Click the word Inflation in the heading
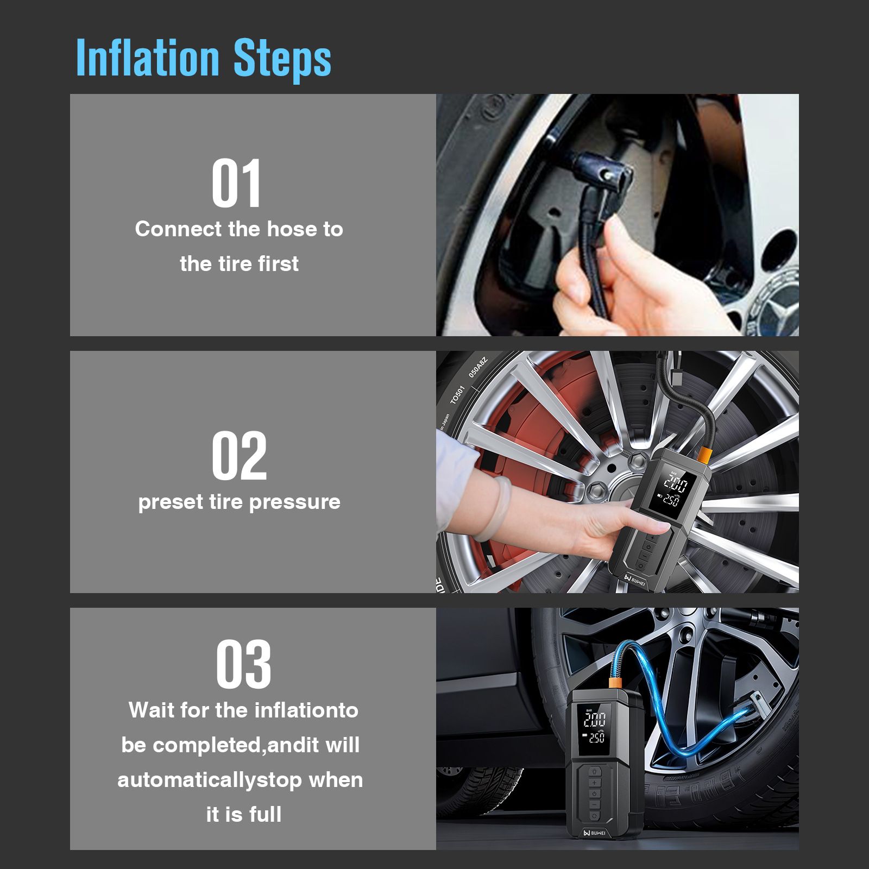coord(148,57)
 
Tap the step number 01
coord(237,184)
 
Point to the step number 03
coord(243,664)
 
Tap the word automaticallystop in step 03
coord(210,780)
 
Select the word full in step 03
coord(266,814)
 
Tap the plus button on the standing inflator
coord(594,783)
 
